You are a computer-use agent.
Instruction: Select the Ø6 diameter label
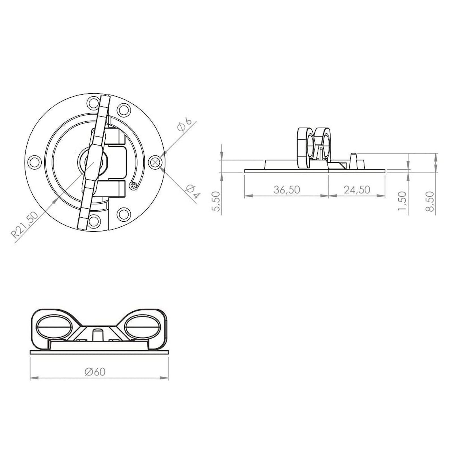tap(184, 125)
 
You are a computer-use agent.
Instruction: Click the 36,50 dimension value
tap(287, 190)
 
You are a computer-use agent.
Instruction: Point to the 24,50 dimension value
tap(357, 190)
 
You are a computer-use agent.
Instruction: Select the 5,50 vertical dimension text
tap(216, 201)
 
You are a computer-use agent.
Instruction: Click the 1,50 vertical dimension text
tap(402, 201)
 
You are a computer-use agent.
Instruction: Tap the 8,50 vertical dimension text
tap(430, 201)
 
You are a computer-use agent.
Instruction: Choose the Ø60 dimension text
tap(95, 372)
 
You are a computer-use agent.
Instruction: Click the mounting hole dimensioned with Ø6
tap(155, 162)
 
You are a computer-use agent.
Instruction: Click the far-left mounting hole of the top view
tap(34, 162)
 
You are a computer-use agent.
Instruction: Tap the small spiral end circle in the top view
tap(133, 185)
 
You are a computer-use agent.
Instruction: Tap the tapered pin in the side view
tap(353, 161)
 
